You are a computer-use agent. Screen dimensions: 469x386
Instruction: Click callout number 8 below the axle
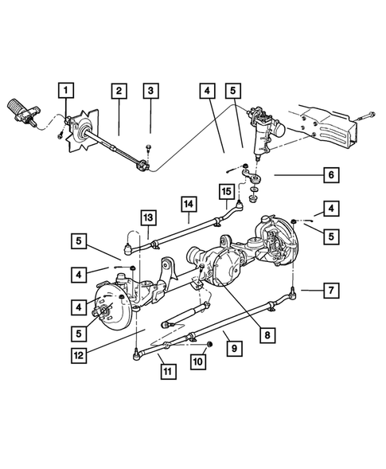tap(266, 335)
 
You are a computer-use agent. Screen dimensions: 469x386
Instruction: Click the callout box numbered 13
tap(148, 217)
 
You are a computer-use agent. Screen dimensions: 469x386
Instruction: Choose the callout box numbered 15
tap(225, 191)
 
